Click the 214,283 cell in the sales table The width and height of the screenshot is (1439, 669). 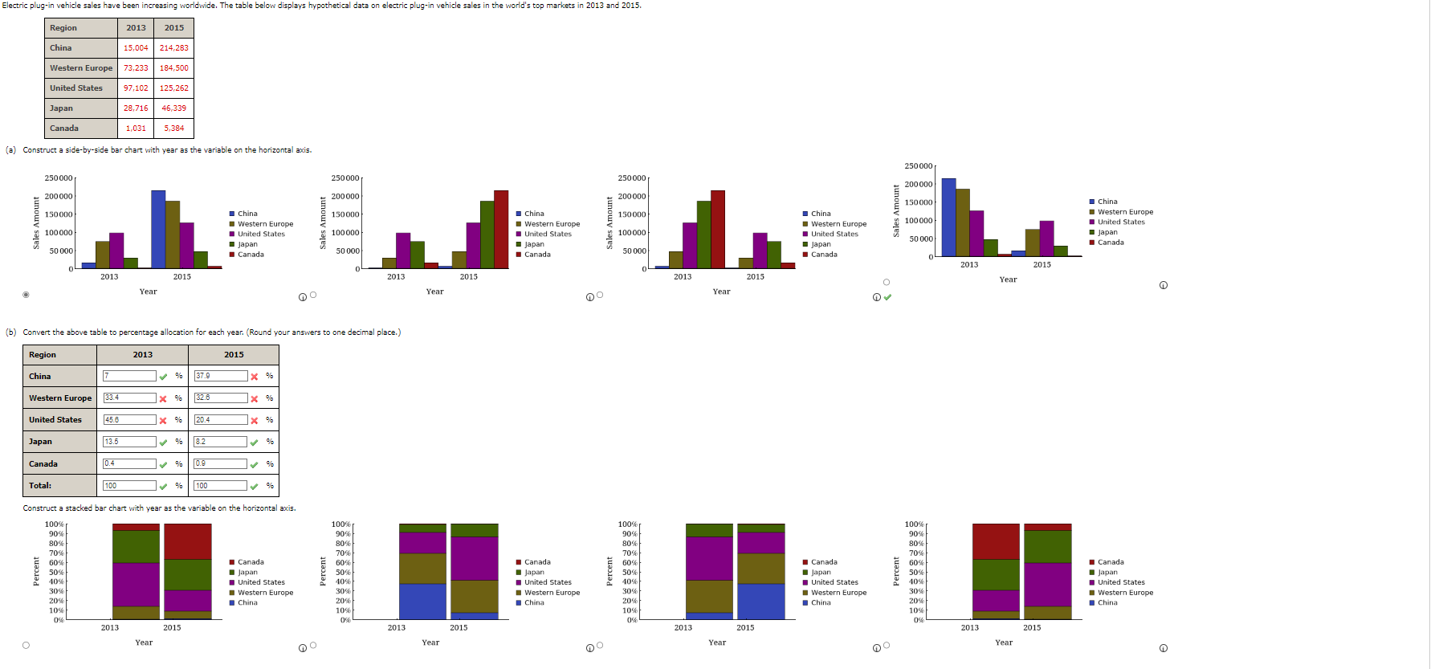click(173, 48)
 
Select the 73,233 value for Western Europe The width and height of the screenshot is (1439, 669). click(136, 68)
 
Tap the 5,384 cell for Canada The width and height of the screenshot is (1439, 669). click(173, 128)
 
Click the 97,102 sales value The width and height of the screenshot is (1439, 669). click(136, 88)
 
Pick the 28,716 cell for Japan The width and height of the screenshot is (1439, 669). click(136, 108)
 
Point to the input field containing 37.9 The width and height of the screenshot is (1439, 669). click(220, 376)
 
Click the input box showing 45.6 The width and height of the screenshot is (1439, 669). click(129, 420)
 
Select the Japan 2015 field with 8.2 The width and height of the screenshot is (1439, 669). click(220, 442)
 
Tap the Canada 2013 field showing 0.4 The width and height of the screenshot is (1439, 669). click(129, 463)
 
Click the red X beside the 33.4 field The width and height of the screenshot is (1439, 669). click(163, 398)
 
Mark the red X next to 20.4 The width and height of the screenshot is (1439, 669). click(255, 420)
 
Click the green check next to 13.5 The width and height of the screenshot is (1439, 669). click(164, 442)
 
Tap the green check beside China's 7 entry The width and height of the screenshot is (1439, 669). click(164, 376)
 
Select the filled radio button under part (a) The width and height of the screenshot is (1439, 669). click(26, 295)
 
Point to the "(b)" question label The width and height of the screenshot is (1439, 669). click(11, 332)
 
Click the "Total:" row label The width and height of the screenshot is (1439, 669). click(40, 486)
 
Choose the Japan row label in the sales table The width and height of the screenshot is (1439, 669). click(61, 108)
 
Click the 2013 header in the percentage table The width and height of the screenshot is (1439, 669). click(142, 355)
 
